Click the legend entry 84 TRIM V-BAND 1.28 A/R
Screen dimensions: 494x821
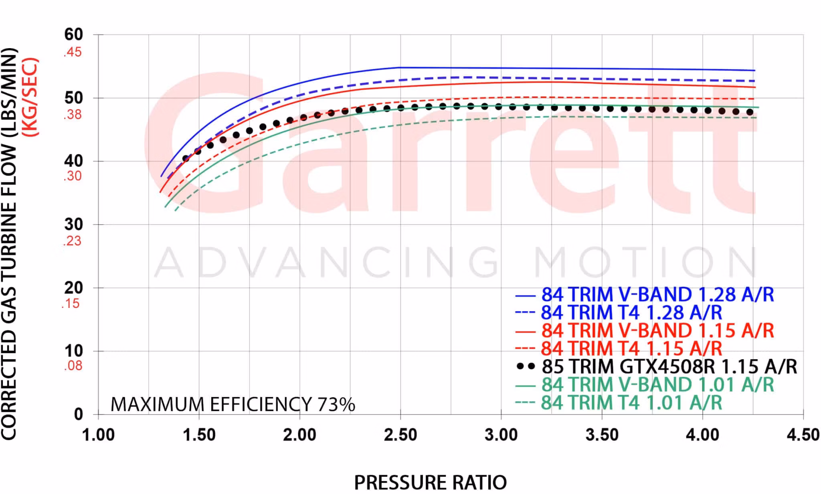tap(657, 295)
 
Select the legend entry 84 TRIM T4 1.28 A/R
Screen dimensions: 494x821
tap(631, 313)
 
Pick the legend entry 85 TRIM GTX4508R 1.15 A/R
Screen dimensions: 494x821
tap(669, 366)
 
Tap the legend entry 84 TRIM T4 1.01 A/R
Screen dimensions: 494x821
tap(631, 403)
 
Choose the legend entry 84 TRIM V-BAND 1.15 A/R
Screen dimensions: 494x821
tap(657, 331)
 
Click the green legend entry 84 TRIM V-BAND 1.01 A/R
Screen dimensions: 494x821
tap(657, 385)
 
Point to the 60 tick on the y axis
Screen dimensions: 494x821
tap(73, 34)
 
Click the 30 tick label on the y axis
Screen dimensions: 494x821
tap(73, 225)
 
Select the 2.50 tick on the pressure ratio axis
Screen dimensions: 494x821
tap(400, 435)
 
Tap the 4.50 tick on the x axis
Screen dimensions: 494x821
tap(803, 435)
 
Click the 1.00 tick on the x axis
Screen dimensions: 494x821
tap(98, 435)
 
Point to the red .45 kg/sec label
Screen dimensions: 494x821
tap(72, 52)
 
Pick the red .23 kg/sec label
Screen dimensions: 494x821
tap(72, 241)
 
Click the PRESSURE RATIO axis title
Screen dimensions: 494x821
tap(430, 482)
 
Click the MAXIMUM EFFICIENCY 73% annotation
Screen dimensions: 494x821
tap(233, 405)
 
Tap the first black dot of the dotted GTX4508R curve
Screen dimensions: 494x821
tap(185, 158)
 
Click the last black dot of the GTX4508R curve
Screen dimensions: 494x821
tap(750, 112)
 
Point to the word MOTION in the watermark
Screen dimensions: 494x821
tap(645, 262)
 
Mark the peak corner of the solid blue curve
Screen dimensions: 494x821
tap(400, 67)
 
